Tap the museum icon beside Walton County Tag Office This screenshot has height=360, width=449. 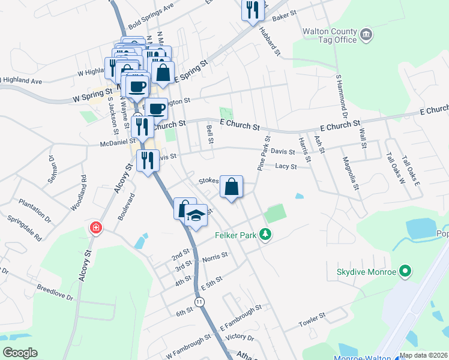pos(366,35)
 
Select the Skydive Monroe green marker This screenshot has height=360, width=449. pos(406,272)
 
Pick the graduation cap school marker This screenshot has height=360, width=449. pos(196,215)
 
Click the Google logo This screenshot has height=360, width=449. pos(20,353)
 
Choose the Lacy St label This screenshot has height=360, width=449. pos(286,166)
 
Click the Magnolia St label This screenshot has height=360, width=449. pos(349,173)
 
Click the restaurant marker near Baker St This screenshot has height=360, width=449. pos(253,9)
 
